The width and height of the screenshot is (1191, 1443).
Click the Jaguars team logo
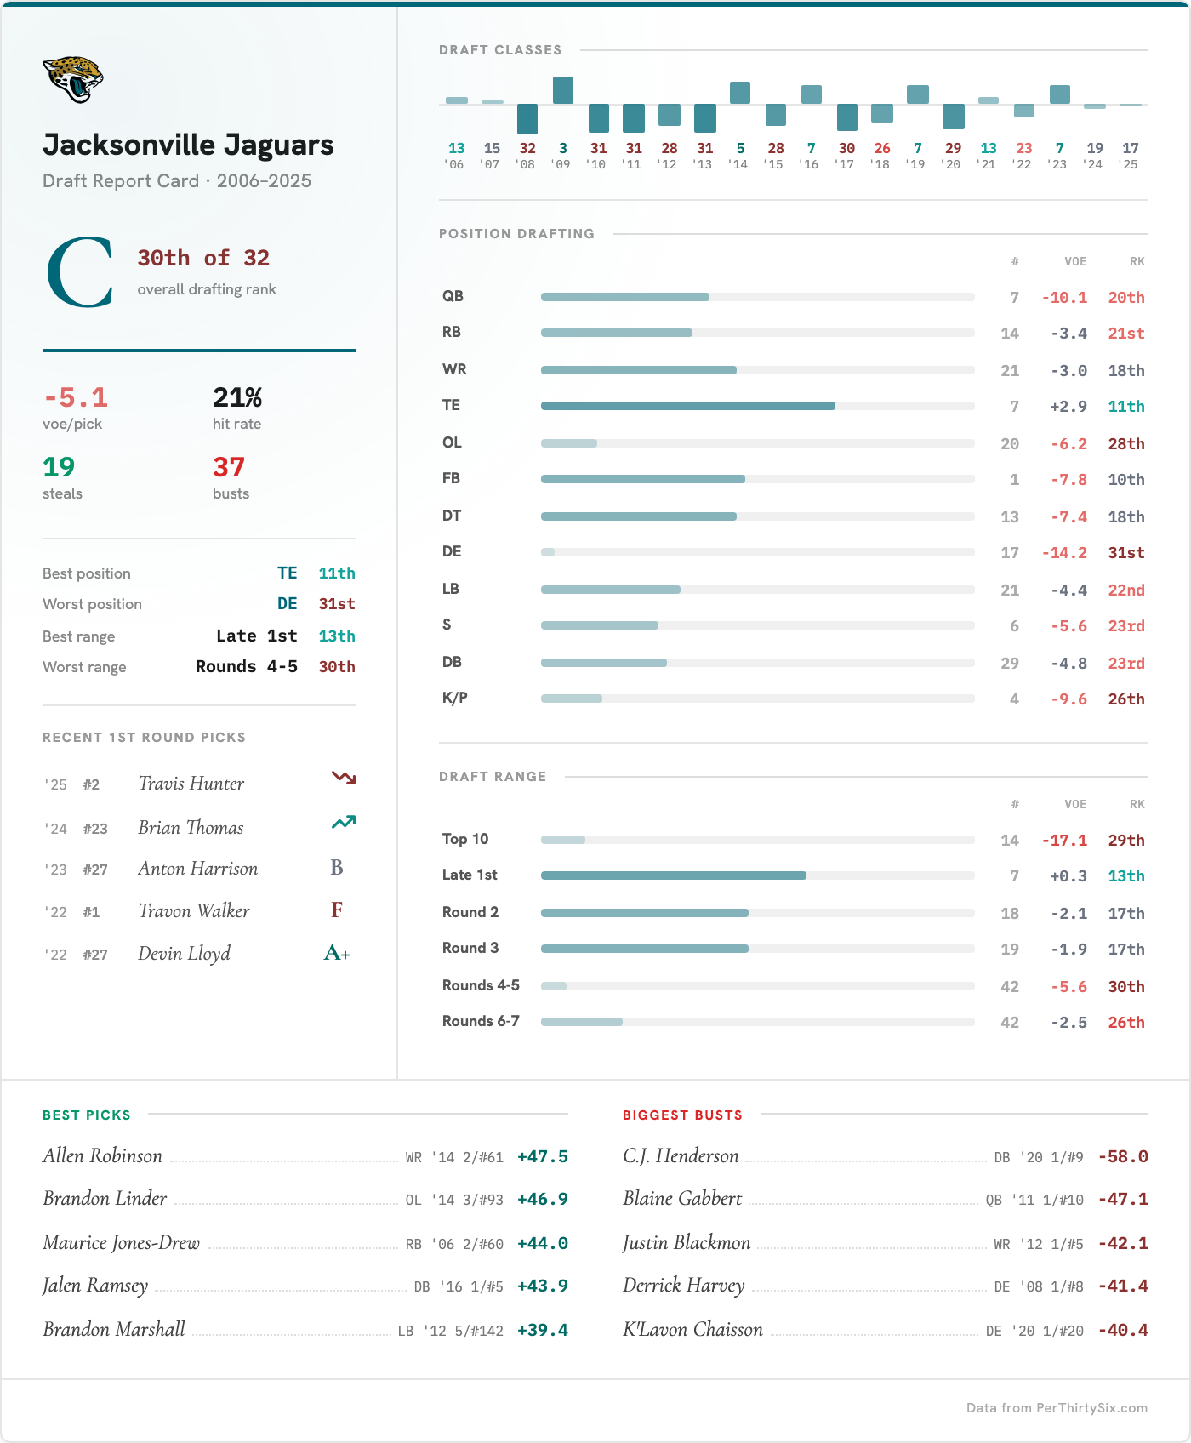click(72, 79)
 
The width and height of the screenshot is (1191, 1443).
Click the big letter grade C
click(80, 272)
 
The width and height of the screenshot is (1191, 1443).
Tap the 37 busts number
click(229, 467)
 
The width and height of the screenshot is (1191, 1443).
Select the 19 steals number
click(59, 467)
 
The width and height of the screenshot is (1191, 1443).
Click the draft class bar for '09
click(563, 90)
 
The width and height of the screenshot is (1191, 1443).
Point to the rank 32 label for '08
click(527, 148)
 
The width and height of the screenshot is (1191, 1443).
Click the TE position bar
click(687, 406)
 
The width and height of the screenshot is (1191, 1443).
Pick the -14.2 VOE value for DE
click(1064, 553)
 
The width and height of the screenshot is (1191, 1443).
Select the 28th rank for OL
click(1125, 444)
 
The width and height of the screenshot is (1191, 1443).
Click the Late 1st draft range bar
click(673, 875)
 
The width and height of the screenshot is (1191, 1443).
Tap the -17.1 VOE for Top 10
click(1064, 841)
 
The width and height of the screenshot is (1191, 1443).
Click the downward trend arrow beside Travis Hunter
click(343, 778)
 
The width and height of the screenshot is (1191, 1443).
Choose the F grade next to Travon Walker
click(337, 910)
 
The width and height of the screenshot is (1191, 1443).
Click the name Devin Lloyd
click(184, 954)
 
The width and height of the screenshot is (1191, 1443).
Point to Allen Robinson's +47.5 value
click(542, 1157)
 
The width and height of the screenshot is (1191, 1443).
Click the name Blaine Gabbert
click(682, 1199)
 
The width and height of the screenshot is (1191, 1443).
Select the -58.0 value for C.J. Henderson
click(1123, 1157)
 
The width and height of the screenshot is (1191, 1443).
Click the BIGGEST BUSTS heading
click(682, 1115)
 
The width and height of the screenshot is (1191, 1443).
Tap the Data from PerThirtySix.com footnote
click(1057, 1408)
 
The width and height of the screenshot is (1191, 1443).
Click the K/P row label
click(455, 699)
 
